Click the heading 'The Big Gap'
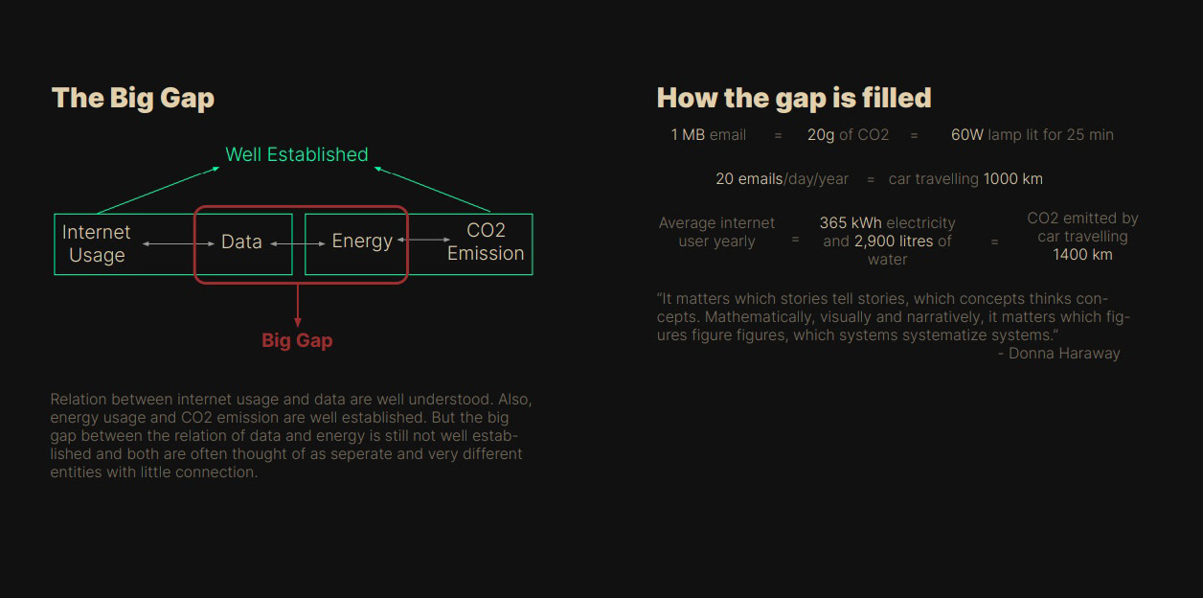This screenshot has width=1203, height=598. tap(132, 99)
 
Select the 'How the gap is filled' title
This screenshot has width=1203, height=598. tap(794, 99)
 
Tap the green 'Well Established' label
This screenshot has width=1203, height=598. tap(297, 154)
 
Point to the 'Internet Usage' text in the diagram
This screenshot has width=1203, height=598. tap(97, 243)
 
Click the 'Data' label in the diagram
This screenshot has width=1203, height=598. tap(241, 241)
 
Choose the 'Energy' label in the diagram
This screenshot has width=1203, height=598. tap(362, 241)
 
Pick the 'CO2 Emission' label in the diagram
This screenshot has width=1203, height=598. tap(486, 241)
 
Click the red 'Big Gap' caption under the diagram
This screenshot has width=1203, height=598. tap(297, 340)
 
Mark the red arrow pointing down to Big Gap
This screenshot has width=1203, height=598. tap(298, 305)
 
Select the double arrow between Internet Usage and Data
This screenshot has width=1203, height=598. tap(178, 244)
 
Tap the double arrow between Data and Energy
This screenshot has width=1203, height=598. tap(298, 244)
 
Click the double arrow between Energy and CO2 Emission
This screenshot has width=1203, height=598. tap(424, 240)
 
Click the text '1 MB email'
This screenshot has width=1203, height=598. tap(709, 135)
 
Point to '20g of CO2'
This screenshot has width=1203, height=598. tap(848, 135)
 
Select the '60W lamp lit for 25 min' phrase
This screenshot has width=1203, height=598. tap(1033, 135)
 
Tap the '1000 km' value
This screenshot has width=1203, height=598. tap(1013, 179)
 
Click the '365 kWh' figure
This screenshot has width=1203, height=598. tap(851, 223)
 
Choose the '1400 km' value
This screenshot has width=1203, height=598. tap(1082, 255)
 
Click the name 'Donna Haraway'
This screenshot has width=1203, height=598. tap(1064, 354)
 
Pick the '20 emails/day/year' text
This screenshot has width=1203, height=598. tap(782, 179)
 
